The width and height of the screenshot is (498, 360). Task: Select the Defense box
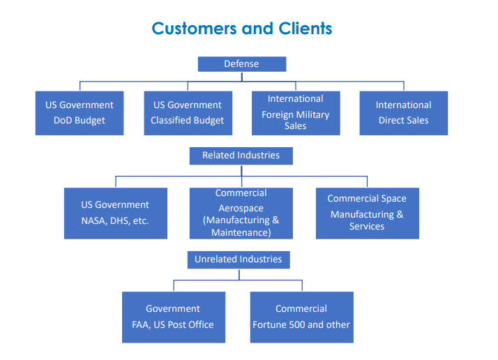(x=241, y=64)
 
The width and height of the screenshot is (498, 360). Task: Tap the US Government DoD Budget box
(x=80, y=113)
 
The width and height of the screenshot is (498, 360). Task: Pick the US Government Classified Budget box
(x=187, y=113)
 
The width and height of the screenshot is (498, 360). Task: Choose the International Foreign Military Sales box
(x=295, y=113)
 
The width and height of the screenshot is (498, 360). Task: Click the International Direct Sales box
(x=403, y=113)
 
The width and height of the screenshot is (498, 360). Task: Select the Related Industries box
(x=241, y=156)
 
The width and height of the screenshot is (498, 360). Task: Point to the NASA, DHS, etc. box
(x=115, y=213)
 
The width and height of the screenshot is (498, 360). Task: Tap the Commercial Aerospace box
(x=241, y=213)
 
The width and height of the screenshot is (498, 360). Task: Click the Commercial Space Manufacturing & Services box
(x=367, y=213)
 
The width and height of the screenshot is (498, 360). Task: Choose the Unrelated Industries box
(x=238, y=260)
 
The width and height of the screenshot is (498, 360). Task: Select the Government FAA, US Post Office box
(x=173, y=317)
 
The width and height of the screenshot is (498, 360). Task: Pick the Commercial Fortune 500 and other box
(x=301, y=317)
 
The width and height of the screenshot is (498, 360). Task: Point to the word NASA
(x=96, y=221)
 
